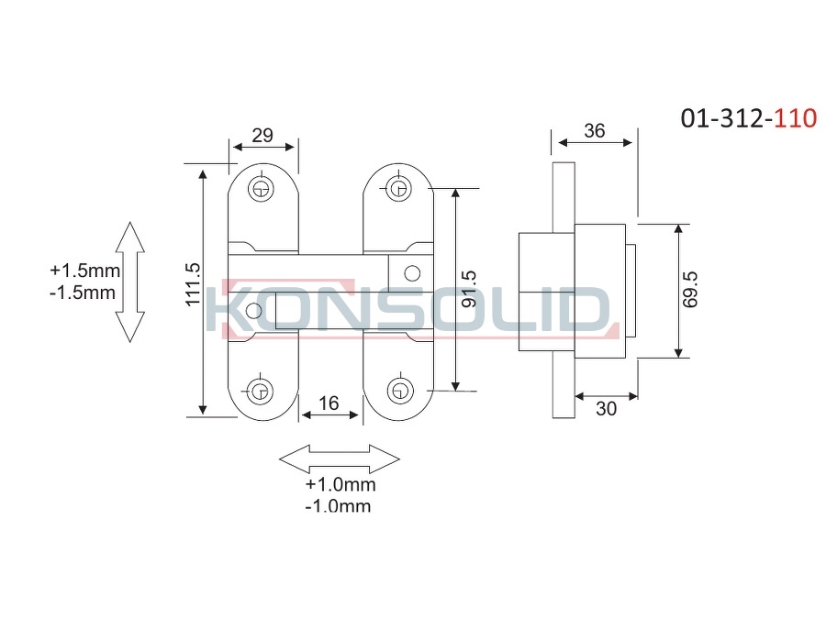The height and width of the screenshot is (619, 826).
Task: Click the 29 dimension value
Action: [262, 136]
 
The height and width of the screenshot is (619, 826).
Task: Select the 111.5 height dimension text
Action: [194, 283]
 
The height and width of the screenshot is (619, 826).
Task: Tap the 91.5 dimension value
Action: [468, 289]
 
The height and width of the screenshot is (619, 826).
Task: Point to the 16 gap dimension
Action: [329, 403]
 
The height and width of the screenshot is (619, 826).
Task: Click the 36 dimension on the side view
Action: [594, 130]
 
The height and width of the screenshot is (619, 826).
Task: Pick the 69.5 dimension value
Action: [689, 290]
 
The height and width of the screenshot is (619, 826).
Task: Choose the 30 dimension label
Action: [606, 408]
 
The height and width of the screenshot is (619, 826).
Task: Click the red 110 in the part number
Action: [796, 118]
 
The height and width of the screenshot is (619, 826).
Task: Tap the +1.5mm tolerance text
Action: [84, 271]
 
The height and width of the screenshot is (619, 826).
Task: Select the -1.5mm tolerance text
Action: [83, 293]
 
